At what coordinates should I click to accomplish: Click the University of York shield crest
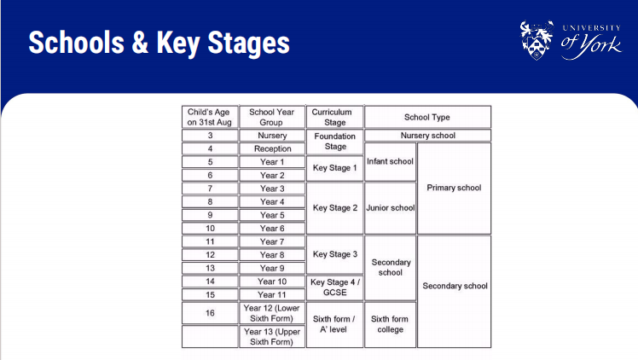pyautogui.click(x=536, y=40)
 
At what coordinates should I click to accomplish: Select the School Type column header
pyautogui.click(x=427, y=117)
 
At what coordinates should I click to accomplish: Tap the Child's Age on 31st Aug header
pyautogui.click(x=210, y=117)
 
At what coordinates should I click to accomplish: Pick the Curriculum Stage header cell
pyautogui.click(x=334, y=117)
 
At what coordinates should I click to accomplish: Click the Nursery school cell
pyautogui.click(x=427, y=136)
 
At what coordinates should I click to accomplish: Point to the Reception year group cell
pyautogui.click(x=272, y=148)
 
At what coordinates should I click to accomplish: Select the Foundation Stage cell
pyautogui.click(x=334, y=142)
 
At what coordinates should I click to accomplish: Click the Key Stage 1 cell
pyautogui.click(x=334, y=168)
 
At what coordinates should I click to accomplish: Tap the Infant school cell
pyautogui.click(x=390, y=161)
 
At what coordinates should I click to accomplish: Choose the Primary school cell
pyautogui.click(x=454, y=188)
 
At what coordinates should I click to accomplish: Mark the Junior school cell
pyautogui.click(x=390, y=208)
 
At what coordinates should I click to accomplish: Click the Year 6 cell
pyautogui.click(x=272, y=229)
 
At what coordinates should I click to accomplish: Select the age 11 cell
pyautogui.click(x=210, y=241)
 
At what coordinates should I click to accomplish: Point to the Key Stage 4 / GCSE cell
pyautogui.click(x=334, y=287)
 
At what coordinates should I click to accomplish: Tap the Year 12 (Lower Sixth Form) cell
pyautogui.click(x=272, y=313)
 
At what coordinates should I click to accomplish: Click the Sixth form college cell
pyautogui.click(x=390, y=324)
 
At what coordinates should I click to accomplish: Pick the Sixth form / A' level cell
pyautogui.click(x=334, y=324)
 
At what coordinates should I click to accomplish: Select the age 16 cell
pyautogui.click(x=210, y=313)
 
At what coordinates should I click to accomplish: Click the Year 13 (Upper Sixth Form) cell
pyautogui.click(x=272, y=336)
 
